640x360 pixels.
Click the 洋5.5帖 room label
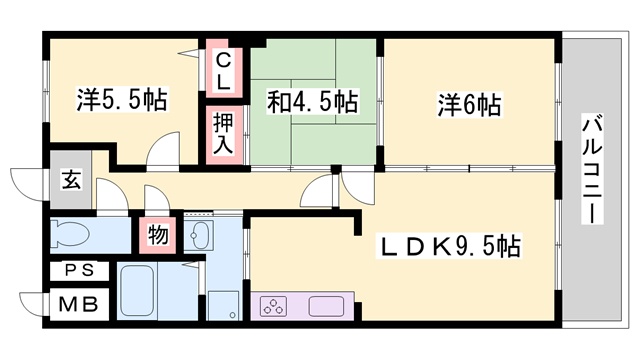coord(122,100)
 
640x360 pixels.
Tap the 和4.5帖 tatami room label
coord(313,101)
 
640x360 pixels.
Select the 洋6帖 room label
coord(469,105)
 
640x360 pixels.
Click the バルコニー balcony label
coord(592,169)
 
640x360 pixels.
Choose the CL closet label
coord(223,72)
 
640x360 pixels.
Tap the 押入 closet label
coord(223,134)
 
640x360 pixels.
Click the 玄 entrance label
coord(71,180)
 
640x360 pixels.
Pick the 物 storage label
coord(158,235)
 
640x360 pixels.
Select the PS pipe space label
coord(79,270)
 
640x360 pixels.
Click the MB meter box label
coord(78,304)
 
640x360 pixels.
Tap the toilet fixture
coord(70,234)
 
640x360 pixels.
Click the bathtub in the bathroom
coord(138,291)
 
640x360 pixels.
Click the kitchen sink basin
coord(326,306)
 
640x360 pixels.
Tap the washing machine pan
coord(223,306)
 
